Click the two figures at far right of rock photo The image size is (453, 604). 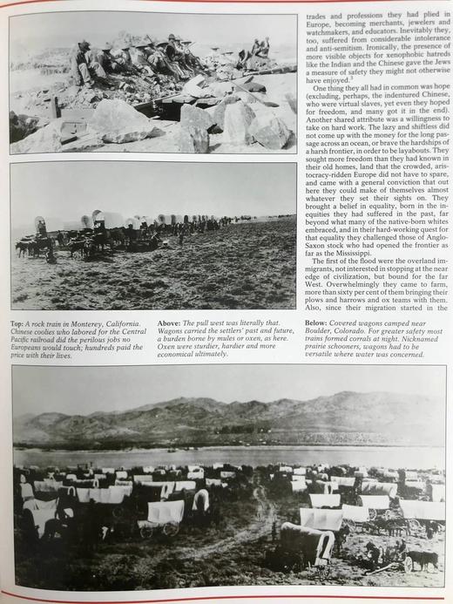[260, 48]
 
